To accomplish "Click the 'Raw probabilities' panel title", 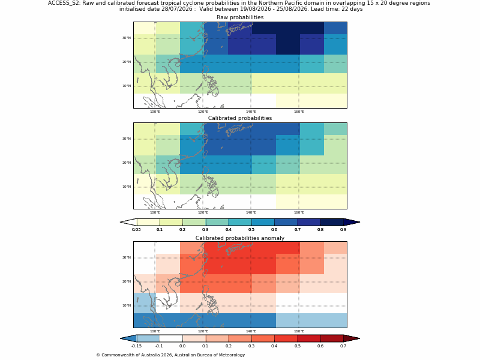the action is (x=240, y=17).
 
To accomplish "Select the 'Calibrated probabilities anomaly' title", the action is (x=240, y=238).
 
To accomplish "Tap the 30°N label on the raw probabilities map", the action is (x=127, y=38).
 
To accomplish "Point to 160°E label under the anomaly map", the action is (x=299, y=331).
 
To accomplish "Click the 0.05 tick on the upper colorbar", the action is (x=136, y=230).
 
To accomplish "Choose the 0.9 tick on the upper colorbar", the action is (x=343, y=230).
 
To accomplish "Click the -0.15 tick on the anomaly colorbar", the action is (x=136, y=346).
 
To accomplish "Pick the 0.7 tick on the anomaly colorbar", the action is (x=343, y=346).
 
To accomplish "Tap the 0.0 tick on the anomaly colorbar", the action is (x=182, y=346).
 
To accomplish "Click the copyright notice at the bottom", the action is (x=170, y=355).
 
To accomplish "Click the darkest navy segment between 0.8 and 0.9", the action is (x=332, y=222).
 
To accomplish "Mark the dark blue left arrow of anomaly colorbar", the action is (x=128, y=338).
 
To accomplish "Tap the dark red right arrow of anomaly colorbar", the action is (x=352, y=338).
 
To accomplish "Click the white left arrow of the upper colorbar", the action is (x=128, y=222).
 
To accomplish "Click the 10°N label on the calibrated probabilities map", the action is (x=127, y=187).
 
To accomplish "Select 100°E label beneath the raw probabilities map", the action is (x=155, y=112).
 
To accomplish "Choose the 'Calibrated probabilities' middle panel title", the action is (x=240, y=118).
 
